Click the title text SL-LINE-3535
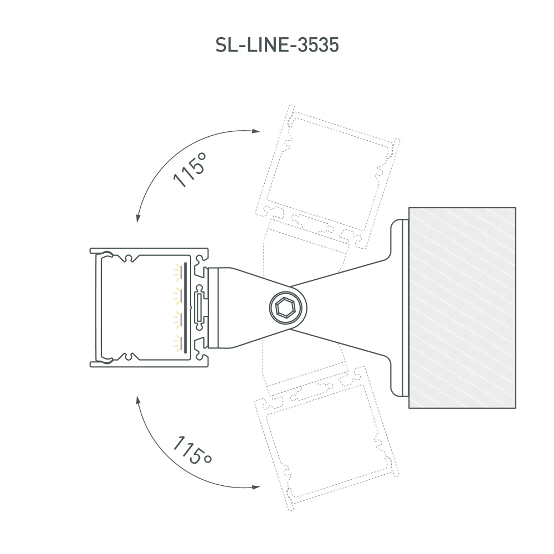click(276, 45)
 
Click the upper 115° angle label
click(190, 170)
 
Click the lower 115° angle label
click(192, 450)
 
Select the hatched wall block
click(462, 307)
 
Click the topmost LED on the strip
click(178, 270)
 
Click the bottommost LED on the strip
click(178, 344)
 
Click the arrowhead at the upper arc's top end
click(255, 131)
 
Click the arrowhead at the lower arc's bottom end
click(255, 487)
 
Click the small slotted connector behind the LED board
click(200, 307)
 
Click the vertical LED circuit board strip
click(186, 307)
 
